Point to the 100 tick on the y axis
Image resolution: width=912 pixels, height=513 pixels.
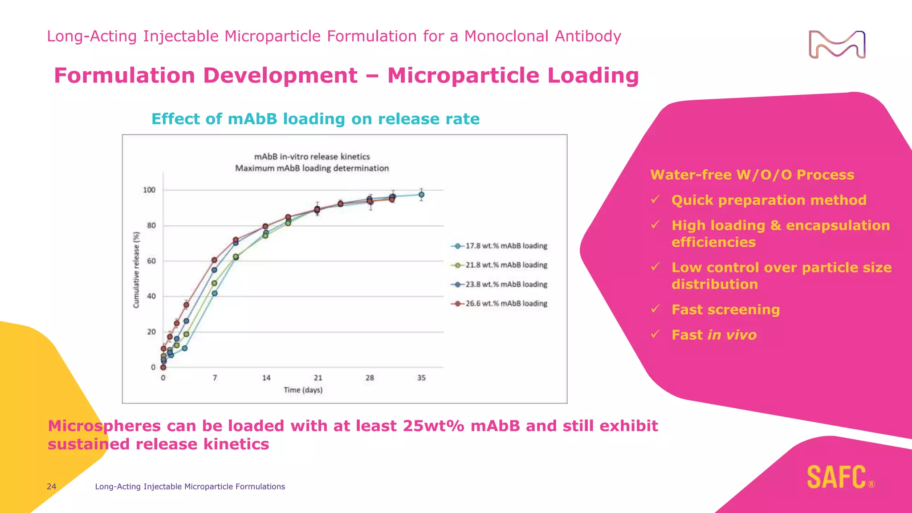pos(149,190)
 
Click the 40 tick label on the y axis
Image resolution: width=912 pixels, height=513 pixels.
pos(151,296)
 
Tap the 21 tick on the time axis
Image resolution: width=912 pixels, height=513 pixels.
pos(318,378)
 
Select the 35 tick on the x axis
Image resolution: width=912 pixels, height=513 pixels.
pos(421,378)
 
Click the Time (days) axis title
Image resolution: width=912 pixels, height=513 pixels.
pos(303,390)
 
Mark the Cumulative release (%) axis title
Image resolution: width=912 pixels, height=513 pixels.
pos(136,270)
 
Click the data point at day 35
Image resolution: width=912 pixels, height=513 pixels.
pos(421,195)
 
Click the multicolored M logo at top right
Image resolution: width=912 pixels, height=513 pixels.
pos(837,45)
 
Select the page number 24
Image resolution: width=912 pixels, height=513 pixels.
pos(52,487)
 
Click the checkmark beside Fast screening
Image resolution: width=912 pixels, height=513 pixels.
pos(655,309)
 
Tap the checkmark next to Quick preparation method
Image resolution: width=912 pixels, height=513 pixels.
pos(655,199)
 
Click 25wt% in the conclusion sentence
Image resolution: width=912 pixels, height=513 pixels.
pos(433,426)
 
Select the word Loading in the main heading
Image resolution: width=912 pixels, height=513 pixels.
pos(593,75)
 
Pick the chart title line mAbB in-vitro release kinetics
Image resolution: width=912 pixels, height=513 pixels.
pos(312,157)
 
